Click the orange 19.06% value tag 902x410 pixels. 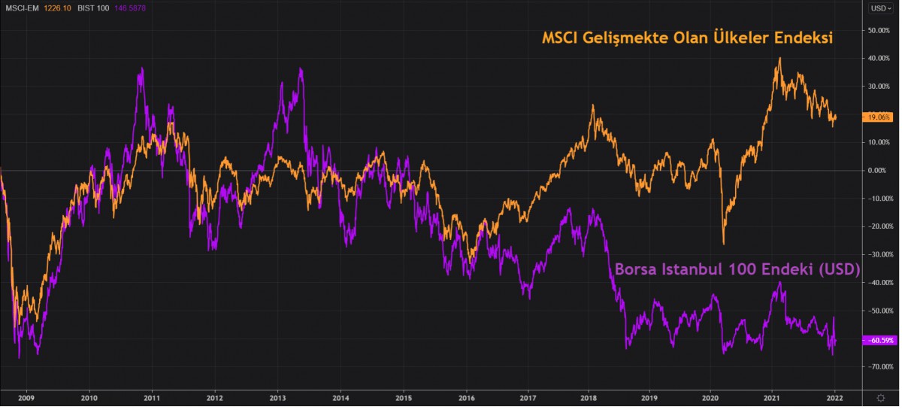[879, 117]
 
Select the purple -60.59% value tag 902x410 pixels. [879, 339]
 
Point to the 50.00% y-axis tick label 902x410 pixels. [878, 30]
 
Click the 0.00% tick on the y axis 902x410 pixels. [879, 171]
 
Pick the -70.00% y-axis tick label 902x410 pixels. [878, 366]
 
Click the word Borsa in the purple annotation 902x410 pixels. [637, 269]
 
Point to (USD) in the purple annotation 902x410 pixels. [836, 269]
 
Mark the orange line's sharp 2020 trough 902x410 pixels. [724, 244]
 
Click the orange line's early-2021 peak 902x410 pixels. [780, 58]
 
